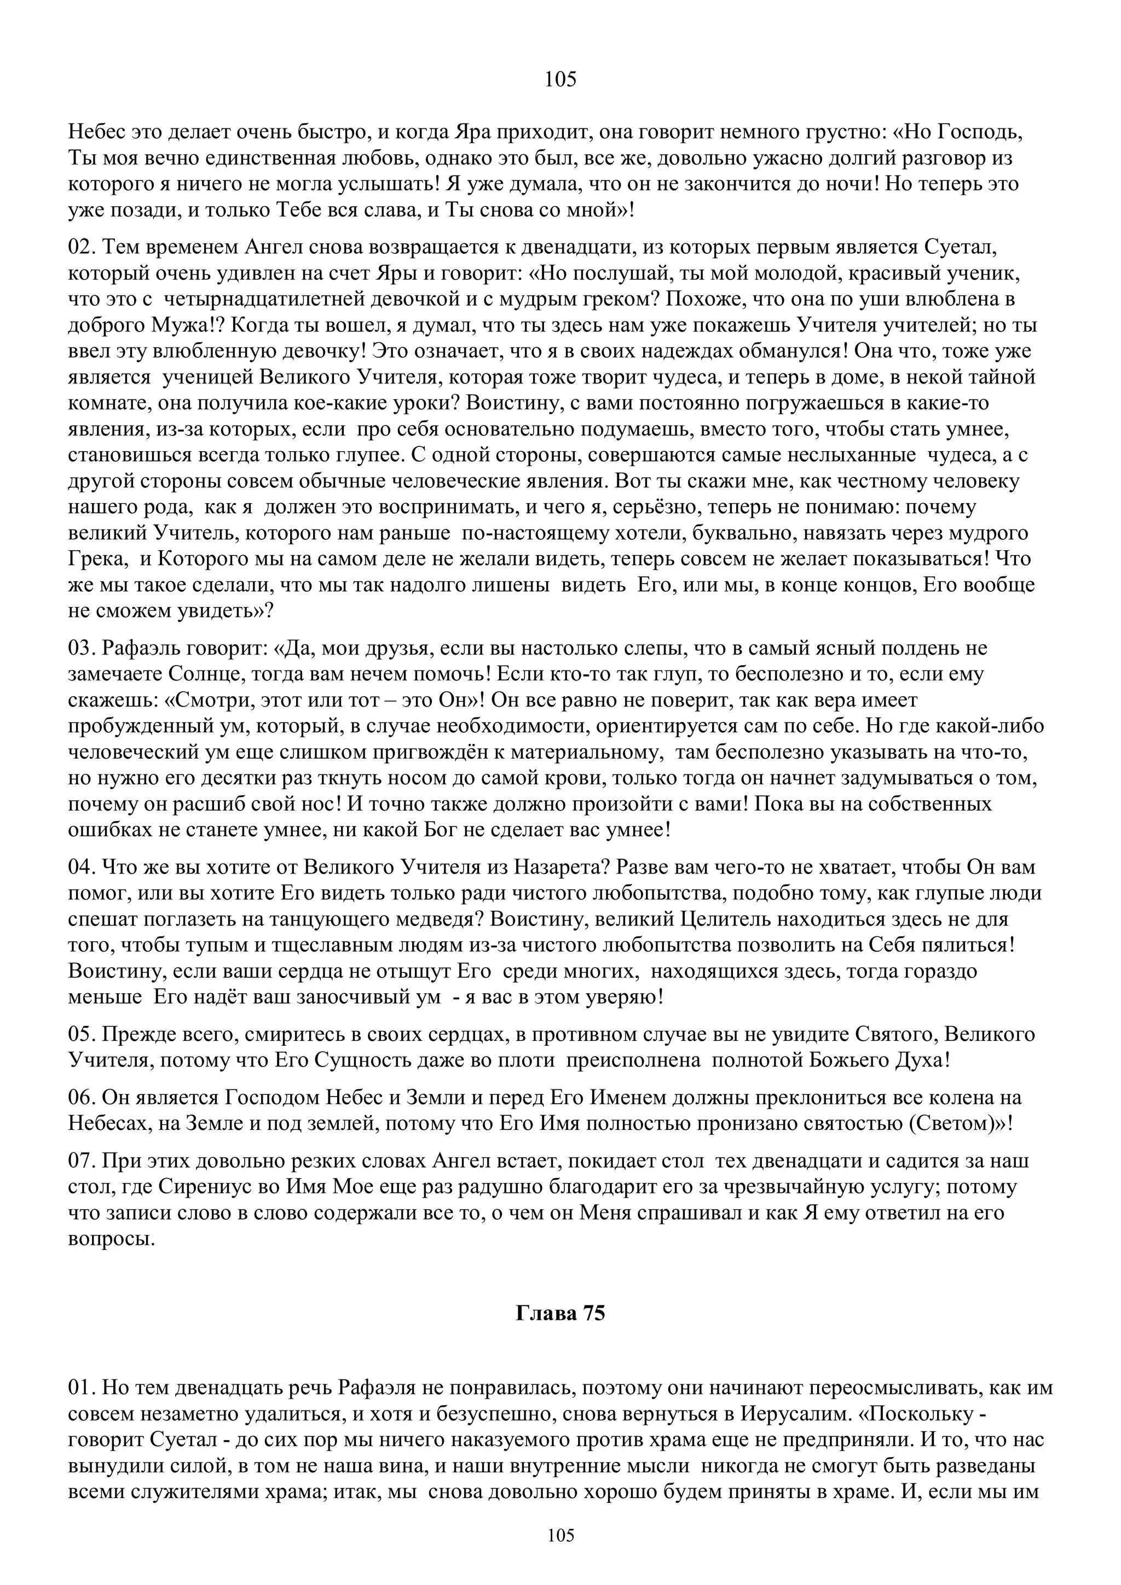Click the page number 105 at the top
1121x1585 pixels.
(560, 80)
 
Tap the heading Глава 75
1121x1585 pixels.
(560, 1313)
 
